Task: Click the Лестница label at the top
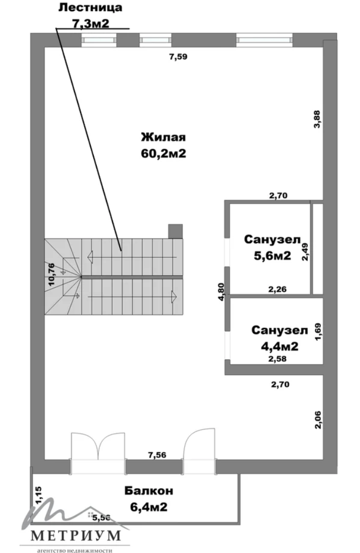tap(90, 8)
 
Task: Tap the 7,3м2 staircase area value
tap(90, 23)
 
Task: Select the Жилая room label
tap(163, 137)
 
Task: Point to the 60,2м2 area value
tap(163, 153)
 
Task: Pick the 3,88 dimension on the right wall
tap(317, 119)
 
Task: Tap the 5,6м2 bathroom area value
tap(273, 255)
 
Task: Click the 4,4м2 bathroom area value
tap(279, 347)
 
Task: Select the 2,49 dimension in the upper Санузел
tap(305, 252)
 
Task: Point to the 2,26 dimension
tap(277, 290)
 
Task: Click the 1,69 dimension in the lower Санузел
tap(318, 332)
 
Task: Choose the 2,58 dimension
tap(277, 359)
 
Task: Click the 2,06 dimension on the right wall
tap(318, 420)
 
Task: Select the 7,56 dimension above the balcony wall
tap(157, 455)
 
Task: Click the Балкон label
tap(149, 491)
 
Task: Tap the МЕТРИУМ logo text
tap(76, 535)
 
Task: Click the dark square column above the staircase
tap(175, 232)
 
